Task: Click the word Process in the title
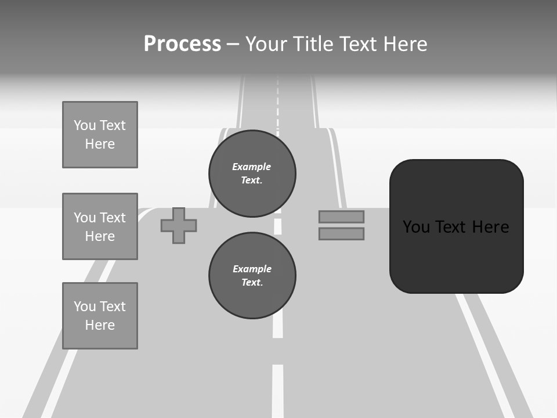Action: click(x=182, y=44)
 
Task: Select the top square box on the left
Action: click(x=100, y=135)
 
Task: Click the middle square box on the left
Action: click(x=100, y=226)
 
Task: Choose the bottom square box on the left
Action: click(x=100, y=316)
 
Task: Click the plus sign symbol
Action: click(x=179, y=225)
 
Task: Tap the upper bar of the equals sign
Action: click(x=341, y=217)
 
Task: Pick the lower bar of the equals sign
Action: click(x=341, y=234)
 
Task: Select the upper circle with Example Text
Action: click(x=252, y=173)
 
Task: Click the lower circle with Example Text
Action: click(x=252, y=275)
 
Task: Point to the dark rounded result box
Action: click(x=456, y=226)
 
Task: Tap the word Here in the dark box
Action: click(x=491, y=227)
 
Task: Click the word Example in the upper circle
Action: click(x=251, y=167)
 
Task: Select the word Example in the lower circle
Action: click(x=252, y=269)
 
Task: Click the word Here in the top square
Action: click(x=100, y=144)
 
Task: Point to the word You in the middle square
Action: click(x=84, y=218)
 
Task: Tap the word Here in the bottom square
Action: click(x=100, y=325)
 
